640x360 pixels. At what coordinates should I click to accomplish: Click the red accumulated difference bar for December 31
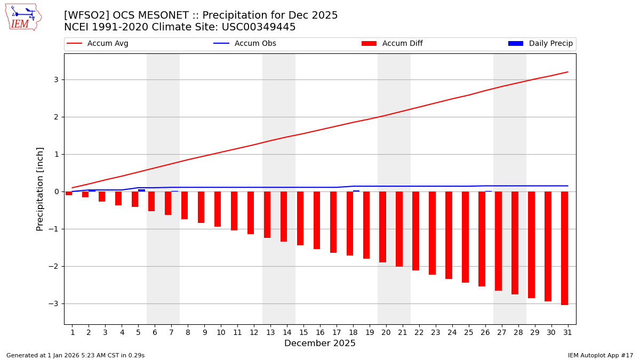coord(564,248)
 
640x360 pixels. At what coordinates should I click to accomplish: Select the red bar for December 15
coord(300,218)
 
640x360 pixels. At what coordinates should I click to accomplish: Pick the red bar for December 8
coord(185,205)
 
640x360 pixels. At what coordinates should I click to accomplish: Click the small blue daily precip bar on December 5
coord(141,190)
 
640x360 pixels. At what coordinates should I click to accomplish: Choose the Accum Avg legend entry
coord(98,44)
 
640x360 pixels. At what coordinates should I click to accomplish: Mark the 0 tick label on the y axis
coord(55,191)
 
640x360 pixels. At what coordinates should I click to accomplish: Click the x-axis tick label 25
coord(469,332)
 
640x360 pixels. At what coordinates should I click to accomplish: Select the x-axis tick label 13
coord(270,332)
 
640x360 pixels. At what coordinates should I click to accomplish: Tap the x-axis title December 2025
coord(320,343)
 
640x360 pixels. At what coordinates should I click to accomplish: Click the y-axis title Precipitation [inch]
coord(41,189)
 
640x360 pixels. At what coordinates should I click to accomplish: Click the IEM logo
coord(23,17)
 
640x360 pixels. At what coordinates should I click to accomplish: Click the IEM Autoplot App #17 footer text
coord(601,355)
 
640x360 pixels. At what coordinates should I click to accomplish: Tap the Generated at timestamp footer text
coord(75,355)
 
